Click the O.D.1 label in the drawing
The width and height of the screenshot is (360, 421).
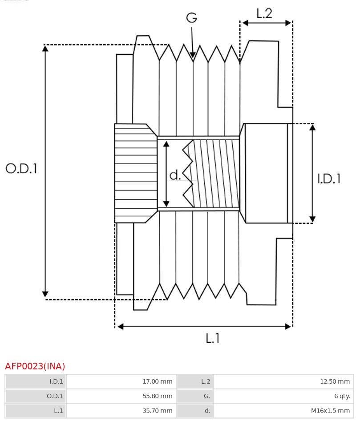(21, 168)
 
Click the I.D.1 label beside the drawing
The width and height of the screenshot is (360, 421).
(329, 178)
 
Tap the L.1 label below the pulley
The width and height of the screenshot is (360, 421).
(213, 338)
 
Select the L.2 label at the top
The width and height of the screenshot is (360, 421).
(264, 13)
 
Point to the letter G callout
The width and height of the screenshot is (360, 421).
(191, 18)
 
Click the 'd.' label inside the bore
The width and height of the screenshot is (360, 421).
(175, 175)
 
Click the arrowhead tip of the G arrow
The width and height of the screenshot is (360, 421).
(193, 57)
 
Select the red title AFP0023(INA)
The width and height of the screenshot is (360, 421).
(35, 366)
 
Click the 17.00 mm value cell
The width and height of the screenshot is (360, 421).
(121, 381)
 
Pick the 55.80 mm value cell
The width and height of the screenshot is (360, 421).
(121, 396)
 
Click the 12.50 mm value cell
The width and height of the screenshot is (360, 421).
(283, 381)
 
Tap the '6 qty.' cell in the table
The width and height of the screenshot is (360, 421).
(283, 396)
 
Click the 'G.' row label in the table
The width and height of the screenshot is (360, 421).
(195, 396)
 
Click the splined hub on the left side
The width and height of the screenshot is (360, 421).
(135, 174)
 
